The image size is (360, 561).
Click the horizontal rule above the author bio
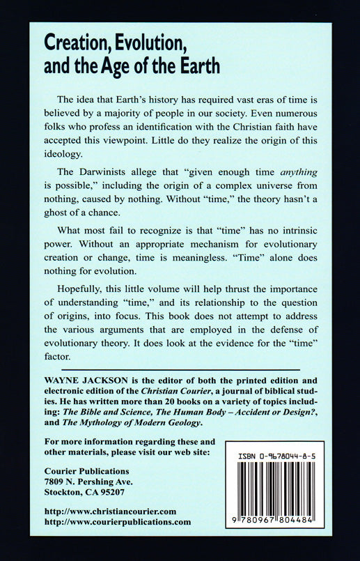[180, 369]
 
